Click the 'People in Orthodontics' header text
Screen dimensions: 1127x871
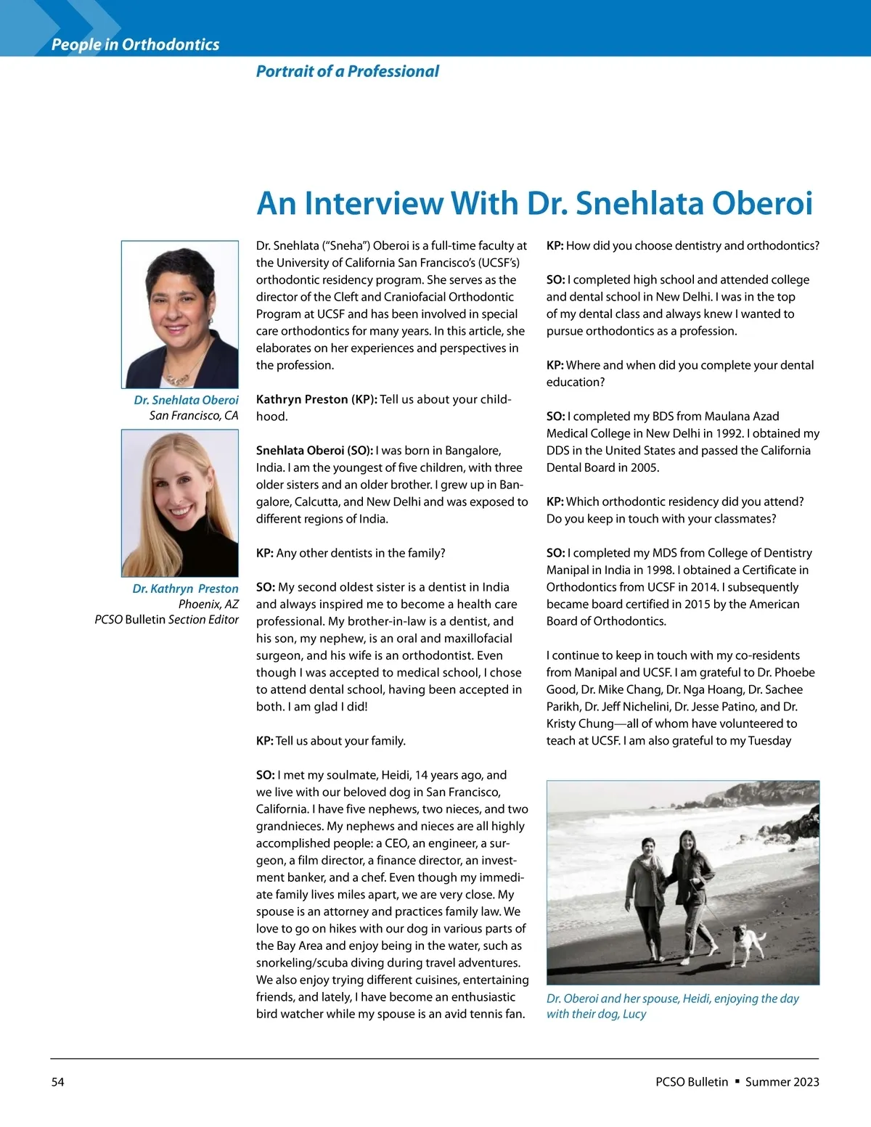[135, 44]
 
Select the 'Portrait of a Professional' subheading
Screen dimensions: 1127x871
[347, 71]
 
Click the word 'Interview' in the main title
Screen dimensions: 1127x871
[373, 203]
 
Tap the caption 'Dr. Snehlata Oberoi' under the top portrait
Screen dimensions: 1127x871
[186, 400]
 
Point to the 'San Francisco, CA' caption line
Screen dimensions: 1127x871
[193, 416]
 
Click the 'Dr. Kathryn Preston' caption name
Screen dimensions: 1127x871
[185, 589]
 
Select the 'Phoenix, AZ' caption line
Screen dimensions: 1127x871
[208, 604]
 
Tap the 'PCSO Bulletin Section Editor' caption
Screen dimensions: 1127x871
[166, 620]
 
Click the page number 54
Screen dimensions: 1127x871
[57, 1082]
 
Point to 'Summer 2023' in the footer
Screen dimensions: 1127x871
[782, 1082]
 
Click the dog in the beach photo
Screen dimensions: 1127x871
[748, 943]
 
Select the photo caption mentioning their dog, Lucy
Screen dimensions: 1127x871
[672, 1006]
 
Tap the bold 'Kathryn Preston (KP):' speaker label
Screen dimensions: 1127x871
[316, 399]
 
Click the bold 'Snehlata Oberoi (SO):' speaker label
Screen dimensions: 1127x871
[314, 451]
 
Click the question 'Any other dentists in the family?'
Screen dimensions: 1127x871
[360, 553]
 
